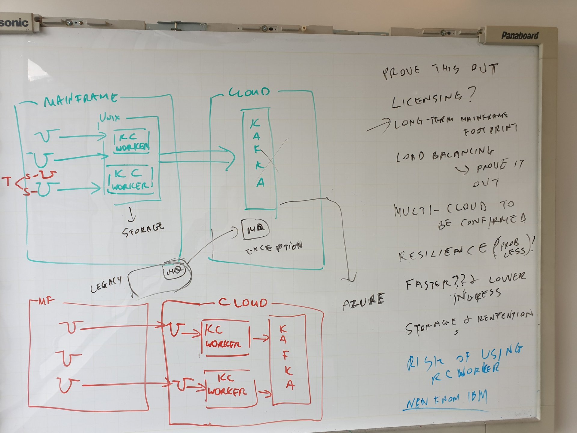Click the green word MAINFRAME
pos(81,99)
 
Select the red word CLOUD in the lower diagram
pos(243,302)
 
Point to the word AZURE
pos(364,302)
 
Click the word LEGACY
pos(106,284)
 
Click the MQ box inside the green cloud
pos(255,229)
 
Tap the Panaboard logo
pos(520,36)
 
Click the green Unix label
pos(110,117)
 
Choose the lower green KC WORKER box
pos(130,180)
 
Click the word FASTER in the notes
pos(425,283)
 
